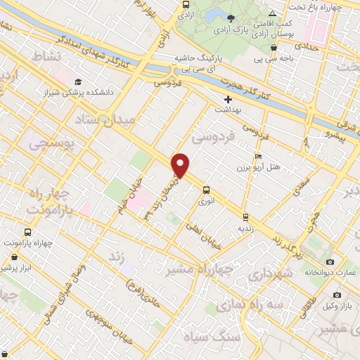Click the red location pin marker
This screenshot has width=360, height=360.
pyautogui.click(x=181, y=165)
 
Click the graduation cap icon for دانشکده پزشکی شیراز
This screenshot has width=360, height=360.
pyautogui.click(x=77, y=82)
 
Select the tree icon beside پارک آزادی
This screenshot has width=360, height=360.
pyautogui.click(x=231, y=18)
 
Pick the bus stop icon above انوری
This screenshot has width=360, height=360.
pyautogui.click(x=206, y=189)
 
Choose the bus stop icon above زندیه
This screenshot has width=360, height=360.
pyautogui.click(x=245, y=217)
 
